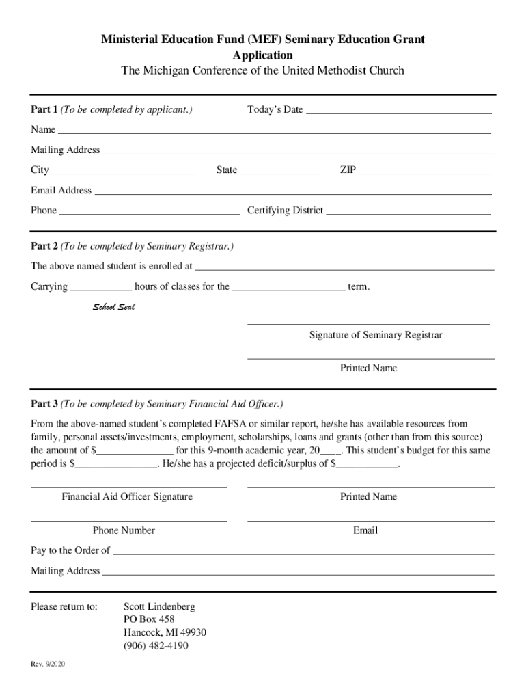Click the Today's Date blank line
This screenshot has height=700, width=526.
(x=398, y=109)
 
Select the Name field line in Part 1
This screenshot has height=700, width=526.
(x=274, y=129)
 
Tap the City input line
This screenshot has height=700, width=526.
(x=124, y=170)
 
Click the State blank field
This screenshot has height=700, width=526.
(x=281, y=170)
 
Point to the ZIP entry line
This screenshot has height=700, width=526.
(x=425, y=170)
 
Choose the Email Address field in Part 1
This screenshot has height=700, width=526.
(x=292, y=190)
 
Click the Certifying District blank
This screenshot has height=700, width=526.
(x=409, y=210)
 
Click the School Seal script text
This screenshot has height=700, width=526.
(x=114, y=307)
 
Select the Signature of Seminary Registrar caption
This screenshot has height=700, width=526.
(x=376, y=335)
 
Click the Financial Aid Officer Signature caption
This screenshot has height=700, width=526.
(x=127, y=497)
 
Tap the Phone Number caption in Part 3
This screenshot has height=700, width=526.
(x=124, y=530)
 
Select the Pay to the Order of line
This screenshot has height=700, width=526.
(x=303, y=550)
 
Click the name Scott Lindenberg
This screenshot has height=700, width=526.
(x=159, y=607)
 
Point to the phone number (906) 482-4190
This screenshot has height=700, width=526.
(x=156, y=646)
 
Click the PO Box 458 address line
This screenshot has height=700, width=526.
(x=149, y=620)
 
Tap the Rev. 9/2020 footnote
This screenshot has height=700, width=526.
(x=48, y=664)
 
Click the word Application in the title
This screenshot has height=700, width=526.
(x=263, y=55)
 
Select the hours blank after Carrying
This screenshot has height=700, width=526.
(x=101, y=286)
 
